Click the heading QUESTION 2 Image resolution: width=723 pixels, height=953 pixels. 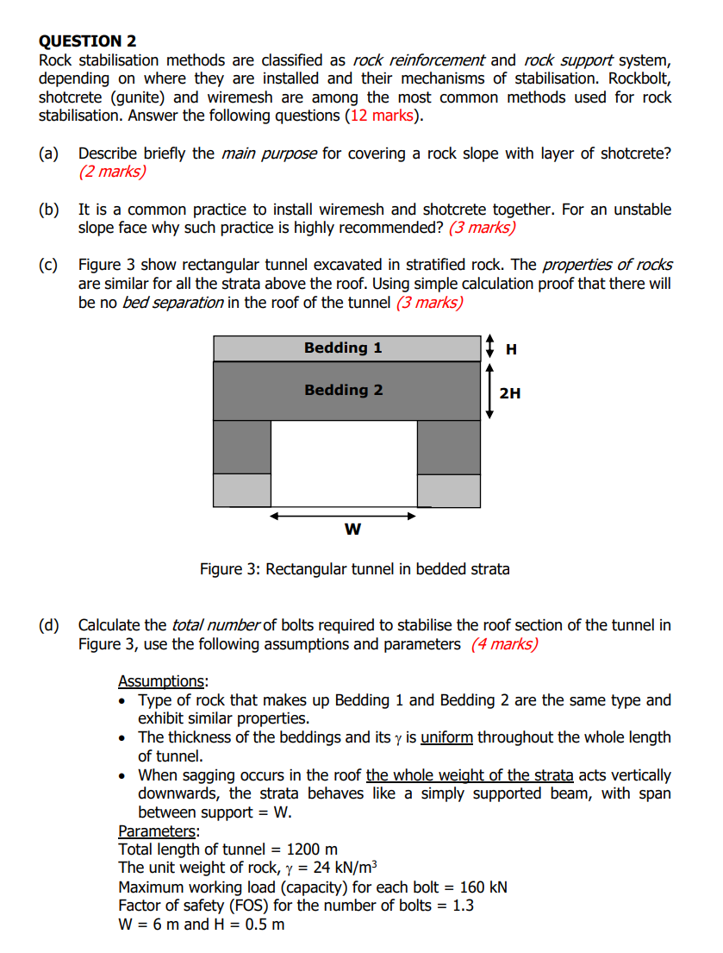point(87,41)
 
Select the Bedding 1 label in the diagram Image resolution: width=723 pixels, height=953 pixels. point(343,348)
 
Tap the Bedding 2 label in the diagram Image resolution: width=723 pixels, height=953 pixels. point(343,390)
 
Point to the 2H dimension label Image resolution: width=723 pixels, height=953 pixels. point(509,393)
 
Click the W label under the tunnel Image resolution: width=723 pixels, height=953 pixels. point(352,529)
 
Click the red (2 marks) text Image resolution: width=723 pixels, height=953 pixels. point(112,172)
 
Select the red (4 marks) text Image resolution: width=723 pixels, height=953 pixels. point(504,645)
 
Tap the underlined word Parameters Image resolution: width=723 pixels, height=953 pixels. point(157,831)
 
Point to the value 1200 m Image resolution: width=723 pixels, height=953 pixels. point(306,850)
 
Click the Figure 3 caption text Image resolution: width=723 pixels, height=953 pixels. point(354,569)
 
